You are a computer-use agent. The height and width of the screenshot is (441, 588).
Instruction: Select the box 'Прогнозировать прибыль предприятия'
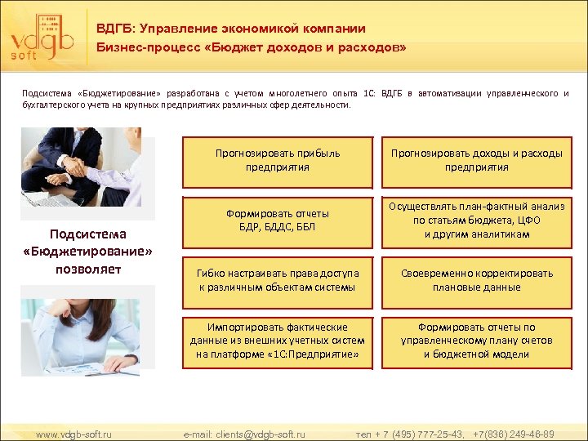point(277,160)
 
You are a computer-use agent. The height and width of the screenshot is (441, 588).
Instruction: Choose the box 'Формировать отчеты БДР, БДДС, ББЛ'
point(277,220)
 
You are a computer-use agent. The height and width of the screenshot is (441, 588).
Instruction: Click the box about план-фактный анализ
point(476,220)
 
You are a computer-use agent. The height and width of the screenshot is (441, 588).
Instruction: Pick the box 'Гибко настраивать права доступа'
point(277,280)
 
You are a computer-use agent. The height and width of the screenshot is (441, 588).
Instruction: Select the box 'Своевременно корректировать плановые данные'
point(476,280)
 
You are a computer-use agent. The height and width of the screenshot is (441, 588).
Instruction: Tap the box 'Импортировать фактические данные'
point(277,341)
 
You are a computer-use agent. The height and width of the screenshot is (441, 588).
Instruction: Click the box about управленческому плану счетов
point(476,341)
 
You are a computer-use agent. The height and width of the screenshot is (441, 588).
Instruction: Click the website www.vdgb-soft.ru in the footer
point(74,434)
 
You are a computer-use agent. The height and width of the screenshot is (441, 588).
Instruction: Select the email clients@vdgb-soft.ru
point(244,434)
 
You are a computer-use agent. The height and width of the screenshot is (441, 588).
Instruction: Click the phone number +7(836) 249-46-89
point(514,434)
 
